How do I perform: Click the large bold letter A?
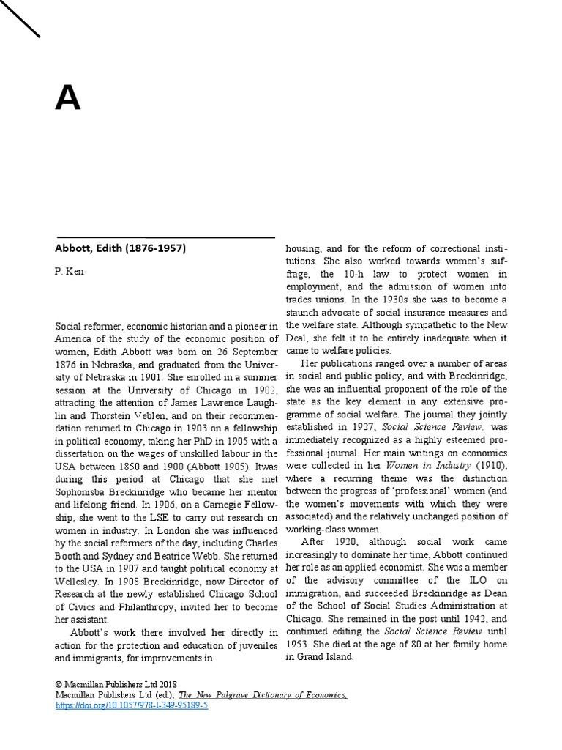point(67,98)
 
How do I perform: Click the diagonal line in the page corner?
point(20,18)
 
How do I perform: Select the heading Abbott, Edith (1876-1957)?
point(121,248)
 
